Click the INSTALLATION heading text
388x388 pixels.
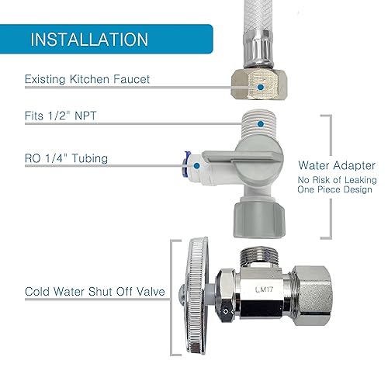point(89,39)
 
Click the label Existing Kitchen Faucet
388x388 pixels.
point(87,79)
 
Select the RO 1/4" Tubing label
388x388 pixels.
point(66,159)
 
